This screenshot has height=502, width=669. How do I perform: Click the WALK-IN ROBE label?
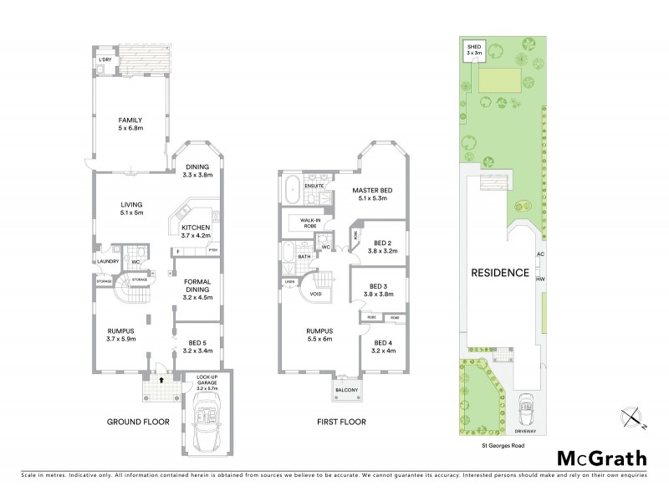304,223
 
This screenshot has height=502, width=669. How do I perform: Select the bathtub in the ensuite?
291,188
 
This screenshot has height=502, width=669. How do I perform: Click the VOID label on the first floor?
315,295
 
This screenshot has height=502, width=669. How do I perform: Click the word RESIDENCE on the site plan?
499,272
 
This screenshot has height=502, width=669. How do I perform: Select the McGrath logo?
601,458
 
